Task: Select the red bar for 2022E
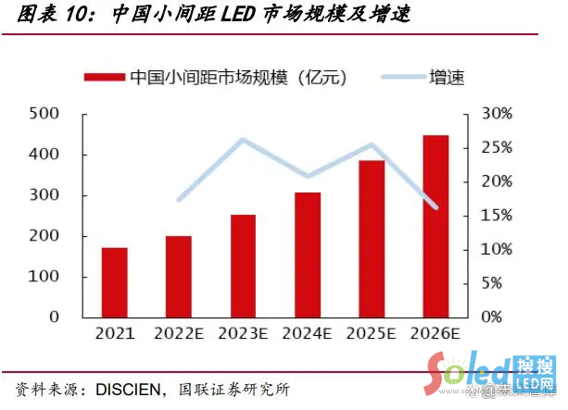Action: (179, 276)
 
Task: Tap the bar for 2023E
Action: (243, 266)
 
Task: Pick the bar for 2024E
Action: (308, 255)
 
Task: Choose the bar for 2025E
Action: (372, 239)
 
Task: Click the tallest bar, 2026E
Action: (435, 226)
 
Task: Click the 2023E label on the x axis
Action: (243, 333)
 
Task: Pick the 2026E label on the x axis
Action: (435, 333)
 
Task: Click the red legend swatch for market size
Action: (105, 78)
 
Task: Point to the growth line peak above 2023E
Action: (243, 141)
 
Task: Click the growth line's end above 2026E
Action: (435, 206)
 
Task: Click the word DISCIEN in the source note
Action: (119, 387)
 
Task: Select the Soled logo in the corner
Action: (473, 375)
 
